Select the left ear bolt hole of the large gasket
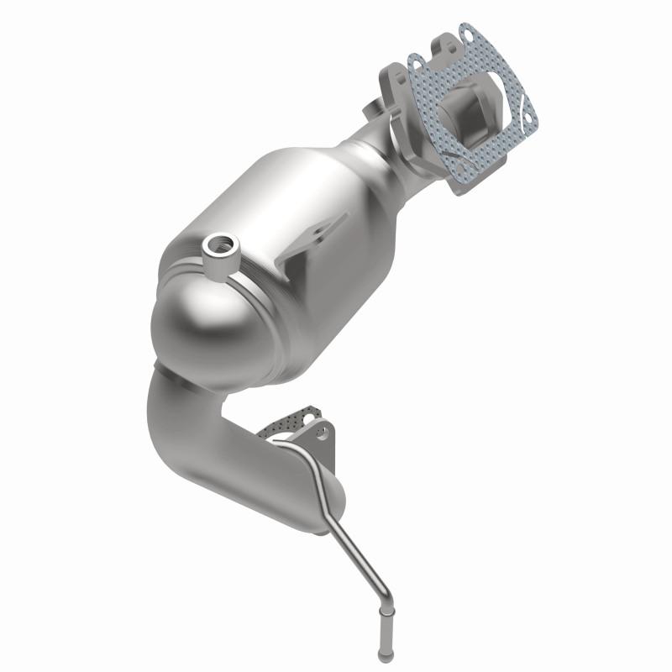point(415,62)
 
